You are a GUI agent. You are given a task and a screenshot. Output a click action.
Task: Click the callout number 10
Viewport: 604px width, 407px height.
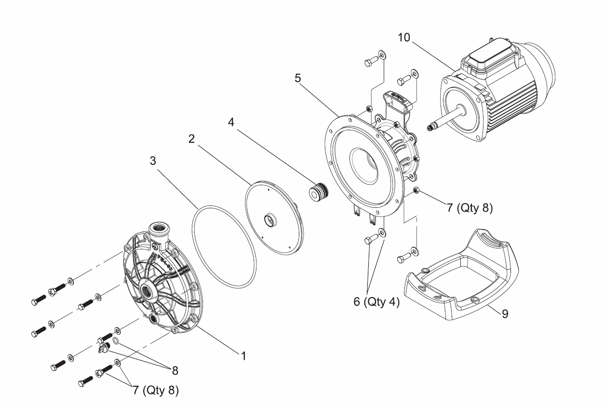[404, 38]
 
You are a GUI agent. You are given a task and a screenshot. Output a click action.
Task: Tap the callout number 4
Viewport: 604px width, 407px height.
[231, 122]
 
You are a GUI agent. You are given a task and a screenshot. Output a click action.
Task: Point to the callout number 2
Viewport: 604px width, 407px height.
[191, 139]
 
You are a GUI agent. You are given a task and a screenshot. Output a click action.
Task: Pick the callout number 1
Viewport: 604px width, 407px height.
[244, 356]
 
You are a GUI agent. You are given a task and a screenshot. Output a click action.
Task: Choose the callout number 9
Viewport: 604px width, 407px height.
[505, 314]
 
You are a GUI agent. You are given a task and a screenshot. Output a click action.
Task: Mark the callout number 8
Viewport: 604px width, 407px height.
[174, 370]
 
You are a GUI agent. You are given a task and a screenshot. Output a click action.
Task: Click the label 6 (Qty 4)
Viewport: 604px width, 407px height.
[376, 302]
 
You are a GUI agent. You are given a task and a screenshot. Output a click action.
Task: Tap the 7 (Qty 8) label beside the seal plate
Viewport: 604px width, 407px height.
[469, 208]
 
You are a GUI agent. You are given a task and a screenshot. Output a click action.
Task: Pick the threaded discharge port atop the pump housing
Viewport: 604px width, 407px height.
[158, 228]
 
